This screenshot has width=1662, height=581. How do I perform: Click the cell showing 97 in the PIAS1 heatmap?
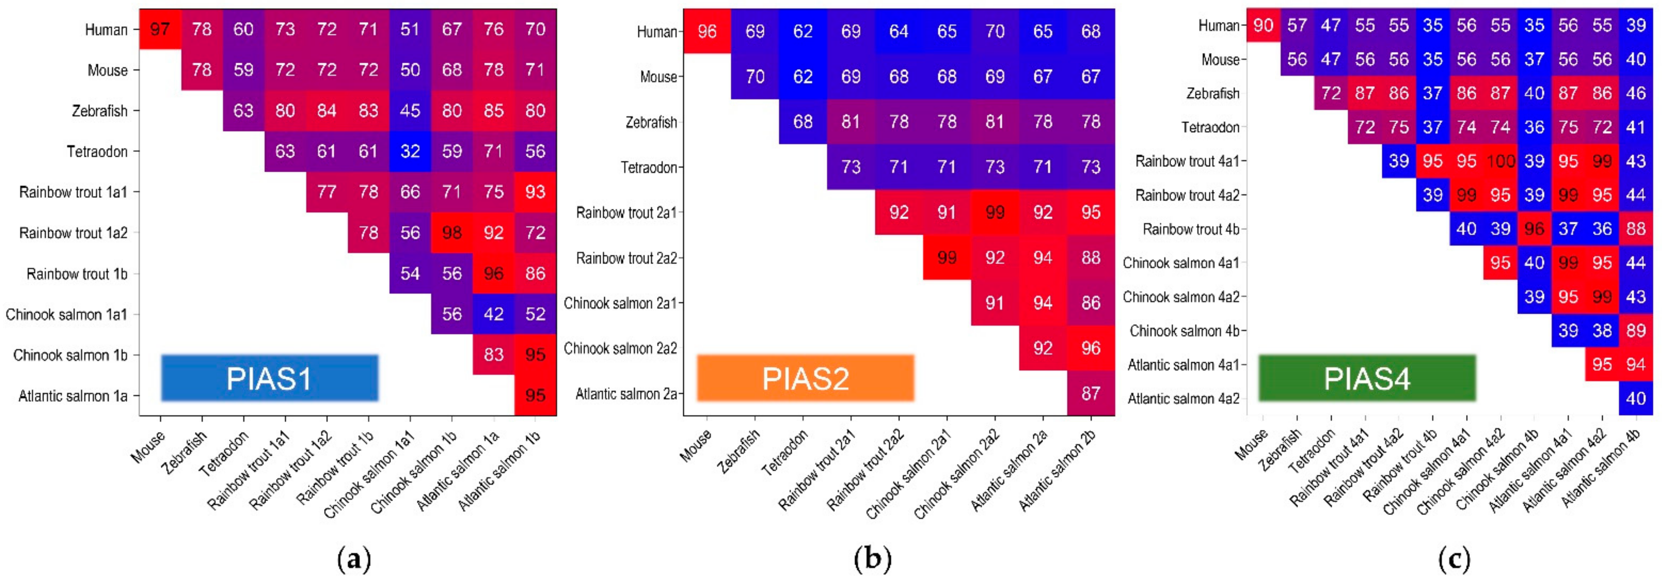point(160,29)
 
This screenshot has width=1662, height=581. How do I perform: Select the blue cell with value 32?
point(410,151)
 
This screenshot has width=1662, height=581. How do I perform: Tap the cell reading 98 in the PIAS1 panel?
point(452,233)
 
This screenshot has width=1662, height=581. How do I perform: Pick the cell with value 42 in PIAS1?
point(494,314)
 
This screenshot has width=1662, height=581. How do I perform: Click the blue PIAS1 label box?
point(269,378)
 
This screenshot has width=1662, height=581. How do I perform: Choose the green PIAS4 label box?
point(1366,378)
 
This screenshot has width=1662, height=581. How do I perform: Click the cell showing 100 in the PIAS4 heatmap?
point(1500,161)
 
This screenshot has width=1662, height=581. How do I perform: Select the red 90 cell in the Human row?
point(1263,25)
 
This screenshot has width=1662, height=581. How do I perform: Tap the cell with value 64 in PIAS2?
point(899,31)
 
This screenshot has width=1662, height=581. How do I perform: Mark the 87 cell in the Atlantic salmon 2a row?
point(1090,393)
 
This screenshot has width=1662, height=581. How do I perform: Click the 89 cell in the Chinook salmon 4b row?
point(1636,330)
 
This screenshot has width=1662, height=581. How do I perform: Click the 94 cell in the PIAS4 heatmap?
point(1636,365)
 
